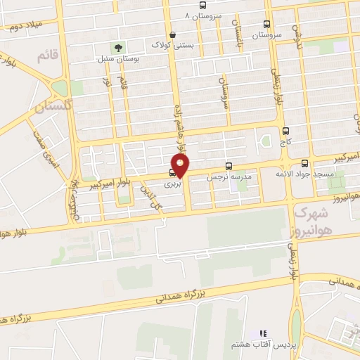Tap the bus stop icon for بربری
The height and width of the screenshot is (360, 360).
tap(173, 172)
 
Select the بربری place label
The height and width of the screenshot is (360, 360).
tap(173, 184)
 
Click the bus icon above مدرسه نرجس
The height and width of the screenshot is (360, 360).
tap(229, 167)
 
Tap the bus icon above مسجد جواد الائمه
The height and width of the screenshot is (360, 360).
tap(304, 162)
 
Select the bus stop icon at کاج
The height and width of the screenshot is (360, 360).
tap(285, 131)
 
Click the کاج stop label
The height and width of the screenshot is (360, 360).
tap(285, 142)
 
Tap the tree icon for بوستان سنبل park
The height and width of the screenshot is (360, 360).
tap(117, 48)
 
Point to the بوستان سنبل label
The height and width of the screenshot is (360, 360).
tap(117, 59)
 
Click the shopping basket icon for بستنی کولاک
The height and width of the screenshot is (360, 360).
tap(172, 34)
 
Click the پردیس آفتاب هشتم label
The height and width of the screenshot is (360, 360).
tap(261, 345)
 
